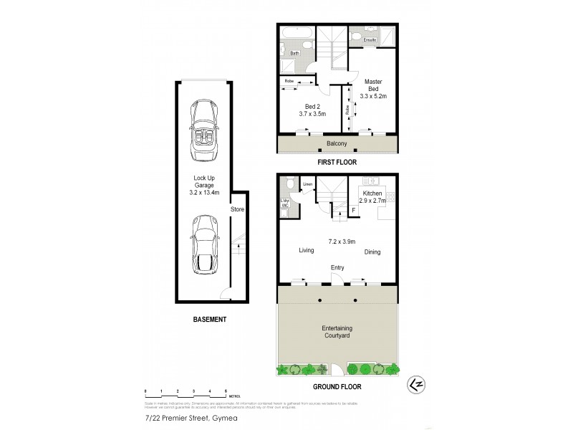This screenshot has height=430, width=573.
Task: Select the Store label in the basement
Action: [237, 209]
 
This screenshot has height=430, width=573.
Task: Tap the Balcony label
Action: [337, 144]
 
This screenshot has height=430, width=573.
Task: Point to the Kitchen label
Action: [372, 193]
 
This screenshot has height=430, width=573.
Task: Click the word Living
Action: [307, 251]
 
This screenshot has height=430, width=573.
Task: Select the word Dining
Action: [372, 252]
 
